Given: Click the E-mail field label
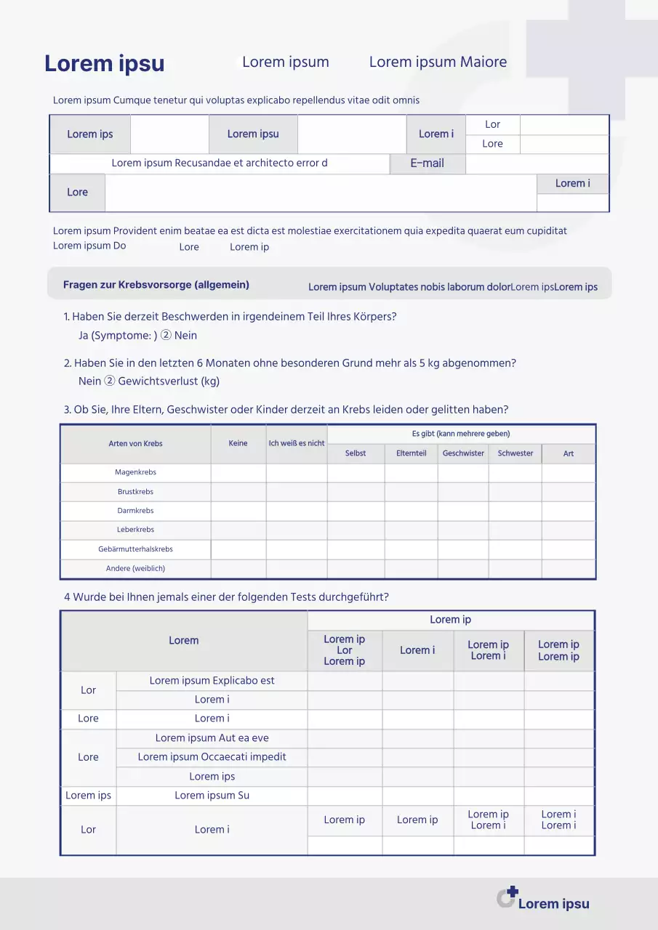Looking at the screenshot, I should coord(427,163).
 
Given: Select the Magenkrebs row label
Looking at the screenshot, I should coord(135,472).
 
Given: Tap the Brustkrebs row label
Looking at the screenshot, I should coord(135,492).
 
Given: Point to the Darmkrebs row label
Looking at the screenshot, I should coord(135,511).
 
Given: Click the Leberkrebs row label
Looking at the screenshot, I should coord(135,530).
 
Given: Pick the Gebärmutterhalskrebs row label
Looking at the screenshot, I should coord(135,549).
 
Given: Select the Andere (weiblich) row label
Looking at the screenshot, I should coord(135,568).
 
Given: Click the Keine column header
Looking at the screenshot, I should coord(238,443).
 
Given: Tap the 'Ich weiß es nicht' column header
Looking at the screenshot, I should coord(297,443).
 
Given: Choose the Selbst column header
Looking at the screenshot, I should coord(356,453).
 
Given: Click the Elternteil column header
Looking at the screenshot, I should coord(412,453).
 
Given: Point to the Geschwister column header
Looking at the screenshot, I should coord(463,453).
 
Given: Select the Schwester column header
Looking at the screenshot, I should coord(515,453).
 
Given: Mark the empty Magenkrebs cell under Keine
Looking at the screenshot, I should coord(238,473).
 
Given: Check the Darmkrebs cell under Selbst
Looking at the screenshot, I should coord(356,511).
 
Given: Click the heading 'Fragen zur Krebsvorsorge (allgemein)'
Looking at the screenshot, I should coord(156,285).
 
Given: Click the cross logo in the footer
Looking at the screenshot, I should coord(507,897).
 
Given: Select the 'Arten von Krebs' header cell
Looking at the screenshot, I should coord(135,443).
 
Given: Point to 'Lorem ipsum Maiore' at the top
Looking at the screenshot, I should coord(438,62).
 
